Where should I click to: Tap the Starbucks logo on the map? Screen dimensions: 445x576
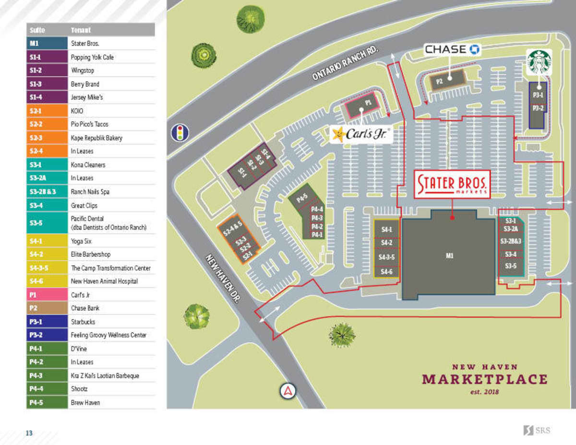click(x=539, y=62)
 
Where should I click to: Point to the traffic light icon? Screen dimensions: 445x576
click(x=180, y=132)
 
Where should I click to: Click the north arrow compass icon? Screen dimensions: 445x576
click(x=288, y=391)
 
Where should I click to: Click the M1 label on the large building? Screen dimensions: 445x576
click(x=449, y=256)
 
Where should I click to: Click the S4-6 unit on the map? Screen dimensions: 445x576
click(x=386, y=272)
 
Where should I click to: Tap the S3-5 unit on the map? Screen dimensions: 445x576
click(x=510, y=265)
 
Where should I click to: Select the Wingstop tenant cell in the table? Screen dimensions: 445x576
click(x=112, y=71)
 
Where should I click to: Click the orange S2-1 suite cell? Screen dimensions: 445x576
click(x=47, y=111)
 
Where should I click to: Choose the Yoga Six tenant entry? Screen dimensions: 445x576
click(x=112, y=241)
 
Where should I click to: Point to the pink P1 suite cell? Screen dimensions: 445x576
click(x=47, y=295)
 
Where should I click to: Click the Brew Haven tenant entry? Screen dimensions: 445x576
click(x=112, y=402)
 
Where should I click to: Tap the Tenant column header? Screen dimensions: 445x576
click(x=112, y=30)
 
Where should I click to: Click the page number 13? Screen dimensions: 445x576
click(x=29, y=433)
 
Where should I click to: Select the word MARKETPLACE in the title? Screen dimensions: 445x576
click(x=484, y=379)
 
